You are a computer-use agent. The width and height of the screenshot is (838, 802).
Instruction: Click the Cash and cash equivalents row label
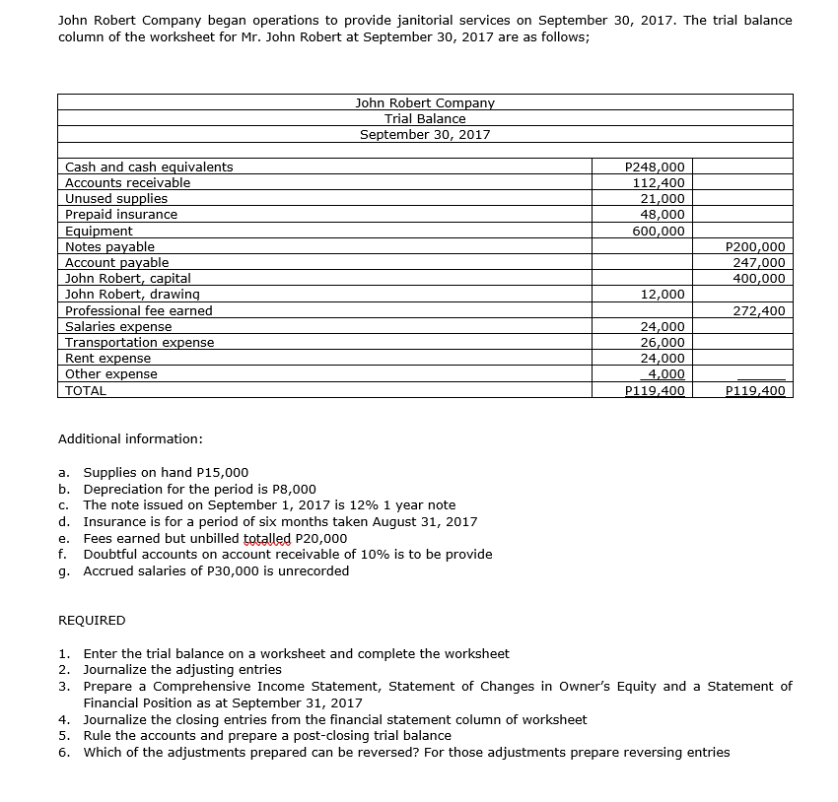coord(149,167)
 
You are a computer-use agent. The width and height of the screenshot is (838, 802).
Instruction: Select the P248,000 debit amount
coord(656,167)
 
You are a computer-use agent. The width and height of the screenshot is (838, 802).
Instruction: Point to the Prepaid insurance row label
coord(121,214)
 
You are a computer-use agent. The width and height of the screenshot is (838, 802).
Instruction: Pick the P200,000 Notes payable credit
coord(755,246)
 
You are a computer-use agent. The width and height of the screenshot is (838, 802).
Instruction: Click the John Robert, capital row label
coord(128,278)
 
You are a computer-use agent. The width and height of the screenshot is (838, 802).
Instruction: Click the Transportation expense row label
coord(139,342)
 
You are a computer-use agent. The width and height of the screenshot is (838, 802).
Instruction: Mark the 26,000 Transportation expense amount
coord(663,342)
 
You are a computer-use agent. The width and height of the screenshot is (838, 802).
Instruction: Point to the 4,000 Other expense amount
coord(665,373)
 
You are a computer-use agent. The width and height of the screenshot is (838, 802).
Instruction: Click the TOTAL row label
coord(85,390)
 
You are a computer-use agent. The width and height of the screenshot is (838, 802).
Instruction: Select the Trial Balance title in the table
coord(425,118)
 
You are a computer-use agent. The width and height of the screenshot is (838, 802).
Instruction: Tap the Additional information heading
coord(130,437)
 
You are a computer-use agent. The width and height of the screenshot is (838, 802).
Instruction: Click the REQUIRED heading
coord(93,620)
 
